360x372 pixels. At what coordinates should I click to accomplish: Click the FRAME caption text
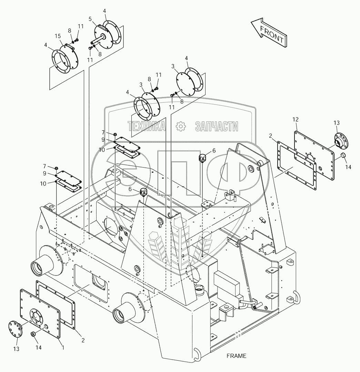point(237,356)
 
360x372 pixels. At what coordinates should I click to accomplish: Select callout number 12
point(296,120)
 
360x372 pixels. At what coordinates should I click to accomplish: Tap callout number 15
point(58,36)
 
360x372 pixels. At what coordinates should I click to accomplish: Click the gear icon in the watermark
point(181,127)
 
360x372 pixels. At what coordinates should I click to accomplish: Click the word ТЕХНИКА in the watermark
point(146,127)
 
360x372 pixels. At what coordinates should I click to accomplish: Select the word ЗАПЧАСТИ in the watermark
point(217,127)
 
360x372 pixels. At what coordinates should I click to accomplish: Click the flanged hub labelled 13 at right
point(340,140)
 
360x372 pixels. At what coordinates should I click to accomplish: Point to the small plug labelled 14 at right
point(343,155)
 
